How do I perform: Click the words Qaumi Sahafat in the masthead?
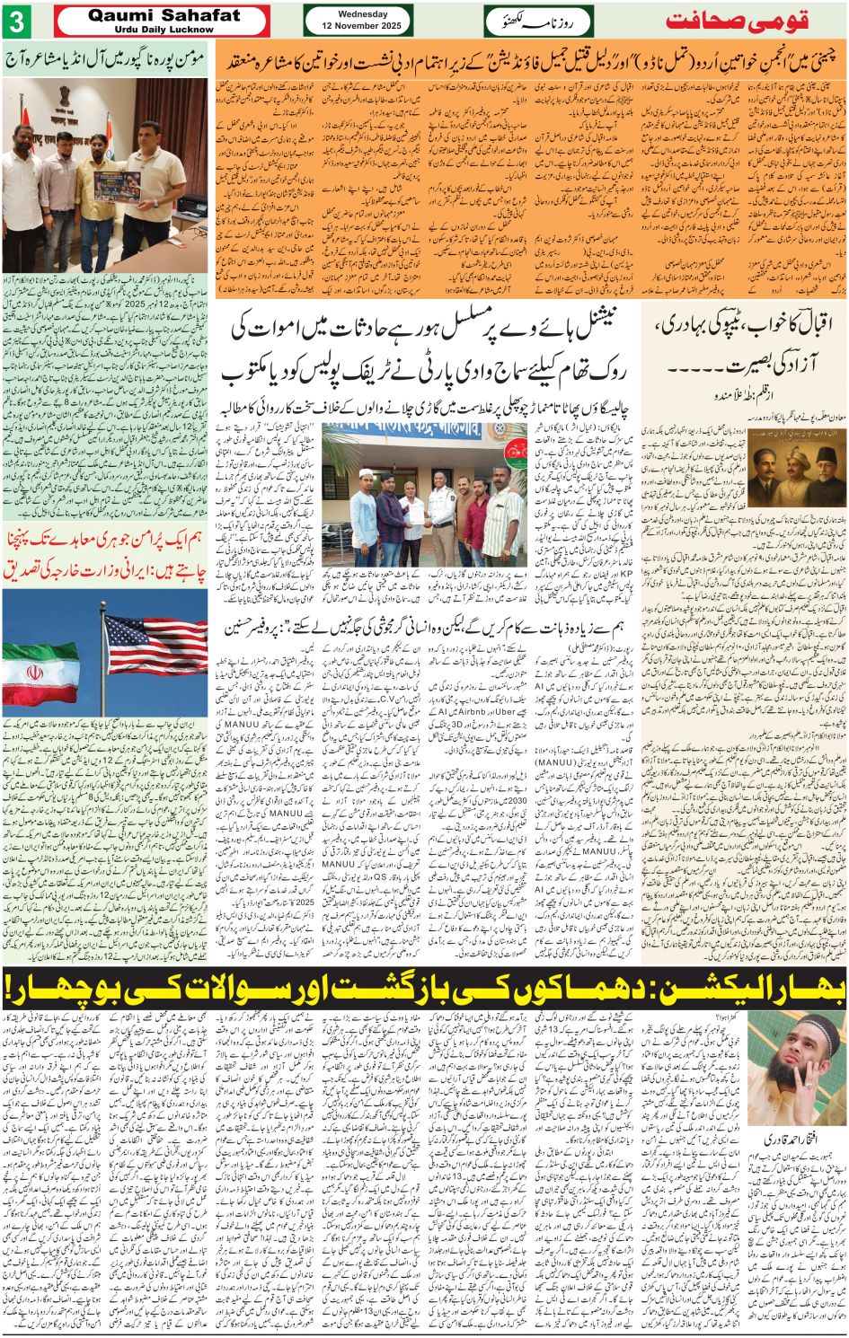click(x=164, y=15)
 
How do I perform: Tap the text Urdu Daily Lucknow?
click(x=164, y=30)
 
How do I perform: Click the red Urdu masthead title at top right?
click(x=737, y=21)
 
